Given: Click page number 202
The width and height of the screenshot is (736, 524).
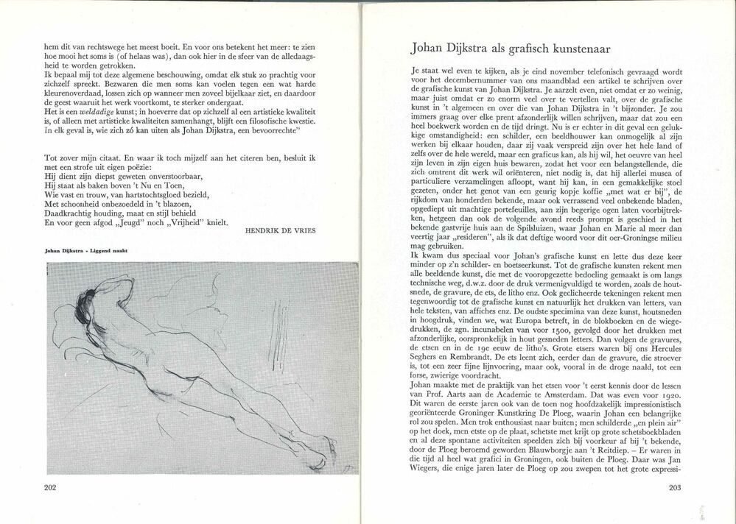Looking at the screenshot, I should [x=50, y=487].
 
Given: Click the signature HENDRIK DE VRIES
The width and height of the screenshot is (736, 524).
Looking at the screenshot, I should [x=281, y=230].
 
